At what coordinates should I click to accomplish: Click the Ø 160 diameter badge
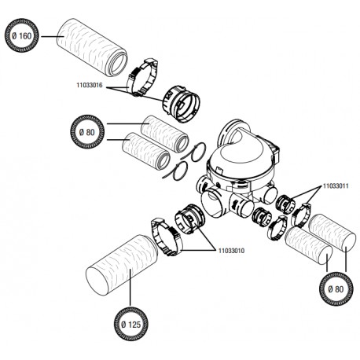point(21,35)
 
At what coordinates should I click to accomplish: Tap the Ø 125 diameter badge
point(131,324)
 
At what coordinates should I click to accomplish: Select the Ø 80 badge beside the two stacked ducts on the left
point(87,132)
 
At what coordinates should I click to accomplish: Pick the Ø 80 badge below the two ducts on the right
point(336,288)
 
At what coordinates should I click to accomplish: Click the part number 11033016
point(90,85)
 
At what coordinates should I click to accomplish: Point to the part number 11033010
point(231,251)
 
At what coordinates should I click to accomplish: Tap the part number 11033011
point(336,186)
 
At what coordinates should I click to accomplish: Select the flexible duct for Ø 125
point(121,265)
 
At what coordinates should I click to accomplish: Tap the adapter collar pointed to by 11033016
point(182,104)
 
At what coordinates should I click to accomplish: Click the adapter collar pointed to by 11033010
point(189,219)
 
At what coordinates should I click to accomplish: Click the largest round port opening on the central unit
point(211,203)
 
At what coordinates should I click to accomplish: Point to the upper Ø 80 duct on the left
point(164,134)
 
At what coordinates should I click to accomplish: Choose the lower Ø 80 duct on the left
point(146,151)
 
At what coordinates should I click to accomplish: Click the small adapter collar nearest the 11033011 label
point(286,203)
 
